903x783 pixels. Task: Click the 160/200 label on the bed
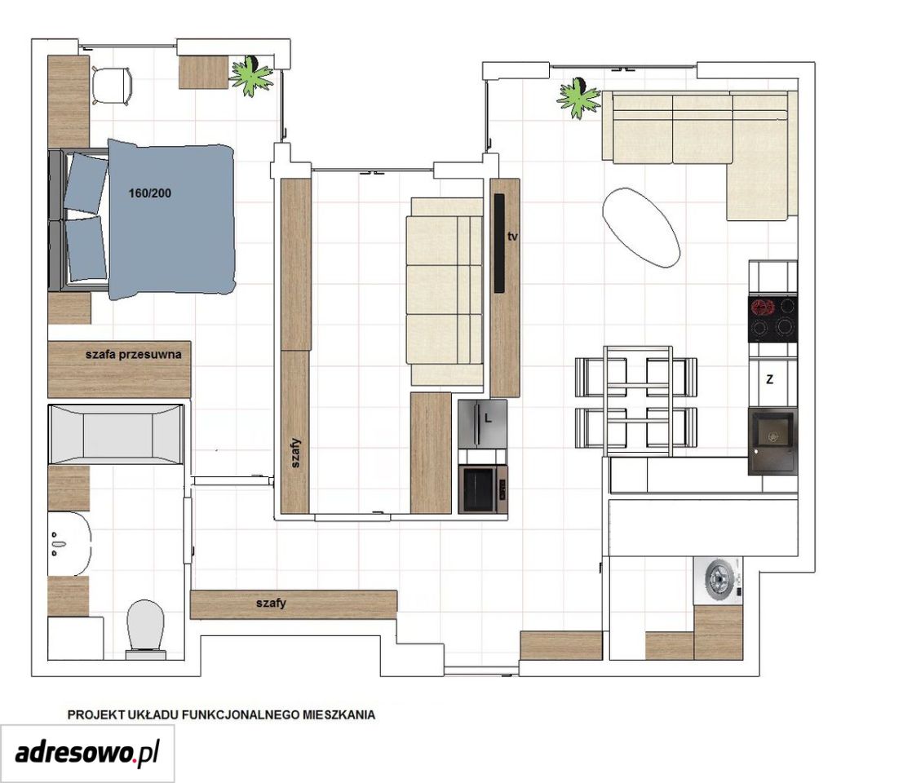click(x=150, y=193)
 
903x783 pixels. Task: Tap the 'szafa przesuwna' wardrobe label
click(x=134, y=355)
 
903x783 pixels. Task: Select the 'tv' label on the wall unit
click(x=512, y=236)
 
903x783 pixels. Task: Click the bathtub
click(x=117, y=434)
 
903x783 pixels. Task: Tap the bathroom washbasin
click(x=69, y=543)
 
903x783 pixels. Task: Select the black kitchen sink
click(x=772, y=441)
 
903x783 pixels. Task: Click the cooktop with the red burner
click(x=772, y=318)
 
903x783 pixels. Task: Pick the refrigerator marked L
click(x=483, y=424)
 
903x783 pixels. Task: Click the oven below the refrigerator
click(x=483, y=489)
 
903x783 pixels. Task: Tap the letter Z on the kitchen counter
click(x=770, y=379)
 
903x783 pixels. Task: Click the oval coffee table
click(x=641, y=228)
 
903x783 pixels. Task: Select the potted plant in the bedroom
click(x=251, y=76)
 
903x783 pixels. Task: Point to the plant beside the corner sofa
click(x=579, y=98)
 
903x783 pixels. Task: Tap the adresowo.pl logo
click(x=87, y=753)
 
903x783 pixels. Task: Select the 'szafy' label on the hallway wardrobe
click(x=271, y=604)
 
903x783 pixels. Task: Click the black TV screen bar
click(x=499, y=243)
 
